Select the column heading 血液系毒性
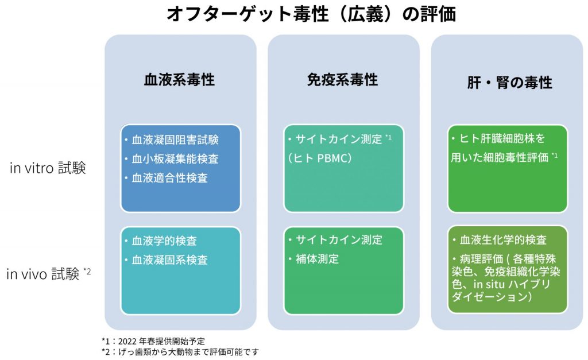click(179, 80)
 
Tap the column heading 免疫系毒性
click(343, 80)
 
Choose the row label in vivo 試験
click(48, 273)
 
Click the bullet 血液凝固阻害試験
click(175, 140)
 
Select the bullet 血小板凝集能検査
click(175, 159)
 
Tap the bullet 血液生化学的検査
click(502, 239)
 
